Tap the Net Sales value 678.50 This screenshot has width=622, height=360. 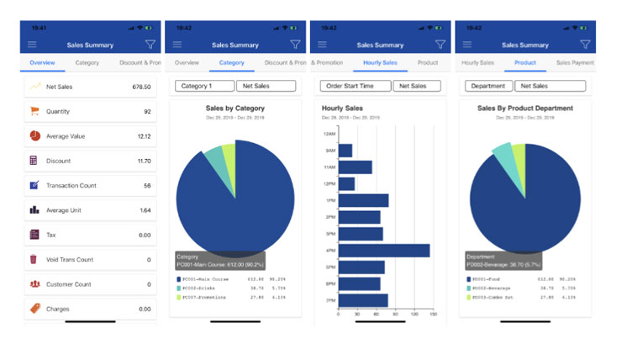(x=140, y=87)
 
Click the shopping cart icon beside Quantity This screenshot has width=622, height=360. (x=34, y=111)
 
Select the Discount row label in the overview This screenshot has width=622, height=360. (x=58, y=161)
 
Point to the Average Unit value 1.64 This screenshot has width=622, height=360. (x=145, y=210)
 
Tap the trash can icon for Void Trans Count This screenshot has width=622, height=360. (x=34, y=260)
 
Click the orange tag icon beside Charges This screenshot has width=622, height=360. (x=34, y=309)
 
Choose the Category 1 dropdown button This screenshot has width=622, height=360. (x=203, y=86)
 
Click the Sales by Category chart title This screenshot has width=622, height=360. (x=235, y=109)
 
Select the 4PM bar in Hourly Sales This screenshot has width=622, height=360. (x=383, y=251)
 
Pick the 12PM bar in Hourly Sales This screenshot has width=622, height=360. (x=346, y=183)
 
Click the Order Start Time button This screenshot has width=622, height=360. (x=355, y=86)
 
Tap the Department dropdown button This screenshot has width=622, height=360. (x=488, y=86)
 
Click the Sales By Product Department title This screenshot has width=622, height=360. (x=524, y=109)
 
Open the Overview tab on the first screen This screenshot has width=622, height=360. (x=42, y=63)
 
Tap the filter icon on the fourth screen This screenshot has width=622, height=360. (x=585, y=45)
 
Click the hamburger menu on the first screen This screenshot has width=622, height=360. (x=32, y=45)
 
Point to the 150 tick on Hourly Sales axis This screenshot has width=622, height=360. (x=433, y=313)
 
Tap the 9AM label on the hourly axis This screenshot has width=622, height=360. (x=330, y=151)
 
